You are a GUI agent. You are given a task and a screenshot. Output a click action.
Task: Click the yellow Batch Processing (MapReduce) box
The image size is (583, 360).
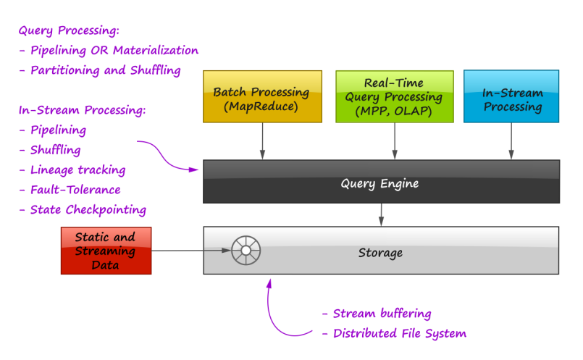pos(261,96)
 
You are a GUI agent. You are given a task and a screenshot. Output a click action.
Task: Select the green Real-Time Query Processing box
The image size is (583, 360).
pos(394,96)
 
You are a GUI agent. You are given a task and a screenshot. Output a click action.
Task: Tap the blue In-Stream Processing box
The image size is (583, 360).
pos(511,96)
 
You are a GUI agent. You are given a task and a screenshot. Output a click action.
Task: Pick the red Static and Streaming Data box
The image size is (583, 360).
pos(106,251)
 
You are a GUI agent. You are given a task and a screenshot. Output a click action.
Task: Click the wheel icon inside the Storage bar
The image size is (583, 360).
pos(246,251)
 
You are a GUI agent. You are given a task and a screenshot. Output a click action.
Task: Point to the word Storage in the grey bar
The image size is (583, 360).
pos(380,253)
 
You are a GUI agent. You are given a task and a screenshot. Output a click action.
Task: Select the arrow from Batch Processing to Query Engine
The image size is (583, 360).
pos(262,141)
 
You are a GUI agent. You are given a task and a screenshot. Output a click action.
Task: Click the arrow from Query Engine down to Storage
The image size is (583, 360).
pos(381,214)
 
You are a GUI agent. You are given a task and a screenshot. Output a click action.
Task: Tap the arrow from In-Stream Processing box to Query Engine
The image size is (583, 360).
pos(511,141)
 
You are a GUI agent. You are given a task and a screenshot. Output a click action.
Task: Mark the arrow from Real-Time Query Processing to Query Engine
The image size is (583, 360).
pos(395,141)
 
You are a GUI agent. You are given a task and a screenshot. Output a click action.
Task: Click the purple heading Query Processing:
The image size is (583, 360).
pos(69,31)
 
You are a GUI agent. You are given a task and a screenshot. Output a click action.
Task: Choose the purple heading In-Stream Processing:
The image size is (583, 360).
pos(82,110)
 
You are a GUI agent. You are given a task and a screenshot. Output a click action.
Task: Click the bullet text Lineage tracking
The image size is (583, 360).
pos(77,169)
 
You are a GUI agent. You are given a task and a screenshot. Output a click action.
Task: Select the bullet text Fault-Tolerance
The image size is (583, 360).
pos(75,190)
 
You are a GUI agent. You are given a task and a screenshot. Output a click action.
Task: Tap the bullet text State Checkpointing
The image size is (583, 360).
pos(88,209)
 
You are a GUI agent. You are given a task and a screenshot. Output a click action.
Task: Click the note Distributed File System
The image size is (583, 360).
pos(399,333)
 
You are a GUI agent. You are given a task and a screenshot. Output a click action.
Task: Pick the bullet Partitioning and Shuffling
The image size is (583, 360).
pos(105,70)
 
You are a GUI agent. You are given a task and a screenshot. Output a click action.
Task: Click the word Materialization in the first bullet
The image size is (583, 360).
pos(155,51)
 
